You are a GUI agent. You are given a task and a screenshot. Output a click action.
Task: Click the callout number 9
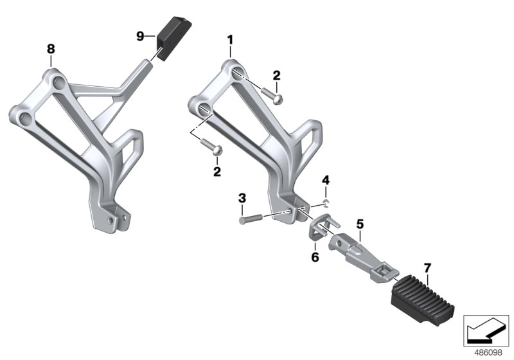140,36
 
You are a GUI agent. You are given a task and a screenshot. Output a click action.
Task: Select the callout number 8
51,50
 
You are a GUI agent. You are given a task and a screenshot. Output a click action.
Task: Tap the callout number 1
230,40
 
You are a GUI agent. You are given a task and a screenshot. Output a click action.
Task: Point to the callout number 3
242,198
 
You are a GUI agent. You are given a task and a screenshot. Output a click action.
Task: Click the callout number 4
326,180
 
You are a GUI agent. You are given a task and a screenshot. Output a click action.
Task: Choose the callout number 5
360,224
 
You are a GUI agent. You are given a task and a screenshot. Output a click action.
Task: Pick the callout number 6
315,257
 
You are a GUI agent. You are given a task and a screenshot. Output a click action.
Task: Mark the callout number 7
427,268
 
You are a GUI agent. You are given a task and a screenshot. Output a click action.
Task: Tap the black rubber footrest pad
423,301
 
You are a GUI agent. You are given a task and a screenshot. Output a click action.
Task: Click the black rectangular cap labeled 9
173,39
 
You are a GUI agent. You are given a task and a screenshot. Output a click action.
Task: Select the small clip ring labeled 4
326,203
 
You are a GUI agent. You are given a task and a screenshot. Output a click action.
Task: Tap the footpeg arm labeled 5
363,257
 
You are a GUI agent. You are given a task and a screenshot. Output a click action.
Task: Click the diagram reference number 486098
488,353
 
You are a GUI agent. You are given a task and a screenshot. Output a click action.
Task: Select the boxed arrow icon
486,331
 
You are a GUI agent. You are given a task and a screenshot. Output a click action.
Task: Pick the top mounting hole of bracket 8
60,82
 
